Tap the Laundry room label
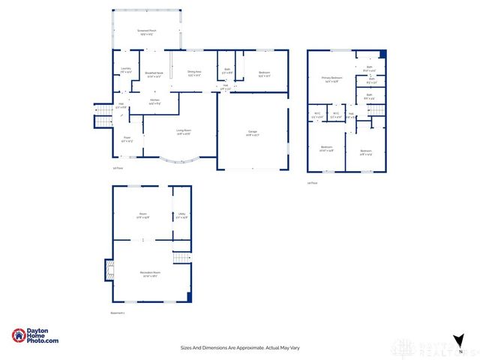[x=126, y=70]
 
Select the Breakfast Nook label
[x=155, y=73]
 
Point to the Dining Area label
[x=194, y=73]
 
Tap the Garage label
[x=253, y=133]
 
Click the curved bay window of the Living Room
[x=179, y=160]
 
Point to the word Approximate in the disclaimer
[x=250, y=347]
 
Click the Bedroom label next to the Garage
[x=264, y=74]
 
